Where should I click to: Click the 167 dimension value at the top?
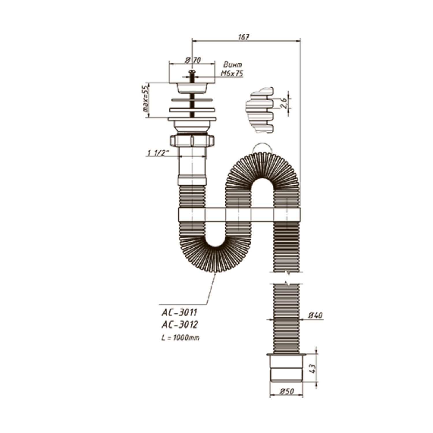tap(244, 37)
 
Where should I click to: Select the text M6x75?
tap(232, 73)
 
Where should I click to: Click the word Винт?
tap(233, 64)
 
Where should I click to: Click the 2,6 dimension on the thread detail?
tap(284, 103)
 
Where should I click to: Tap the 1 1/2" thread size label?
tap(158, 153)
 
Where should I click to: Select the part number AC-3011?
tap(179, 312)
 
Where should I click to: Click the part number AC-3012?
tap(179, 325)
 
